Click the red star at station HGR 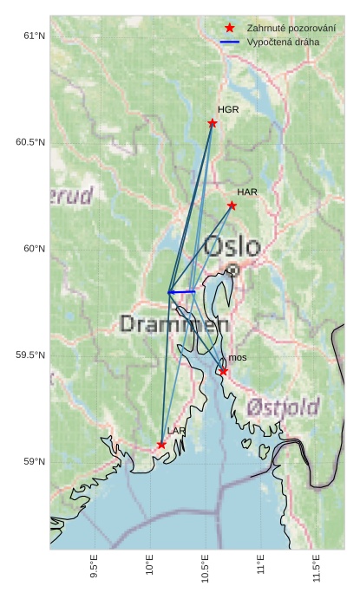point(213,123)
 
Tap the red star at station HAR point(232,205)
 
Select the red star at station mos point(223,371)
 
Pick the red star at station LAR point(161,445)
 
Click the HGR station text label point(228,110)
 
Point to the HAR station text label point(247,192)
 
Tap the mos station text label point(238,358)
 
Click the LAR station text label point(176,431)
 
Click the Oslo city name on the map point(232,247)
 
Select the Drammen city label point(173,325)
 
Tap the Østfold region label point(282,407)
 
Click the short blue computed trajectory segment point(182,292)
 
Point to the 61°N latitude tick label point(33,36)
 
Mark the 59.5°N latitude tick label point(29,355)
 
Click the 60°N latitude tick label point(33,249)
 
